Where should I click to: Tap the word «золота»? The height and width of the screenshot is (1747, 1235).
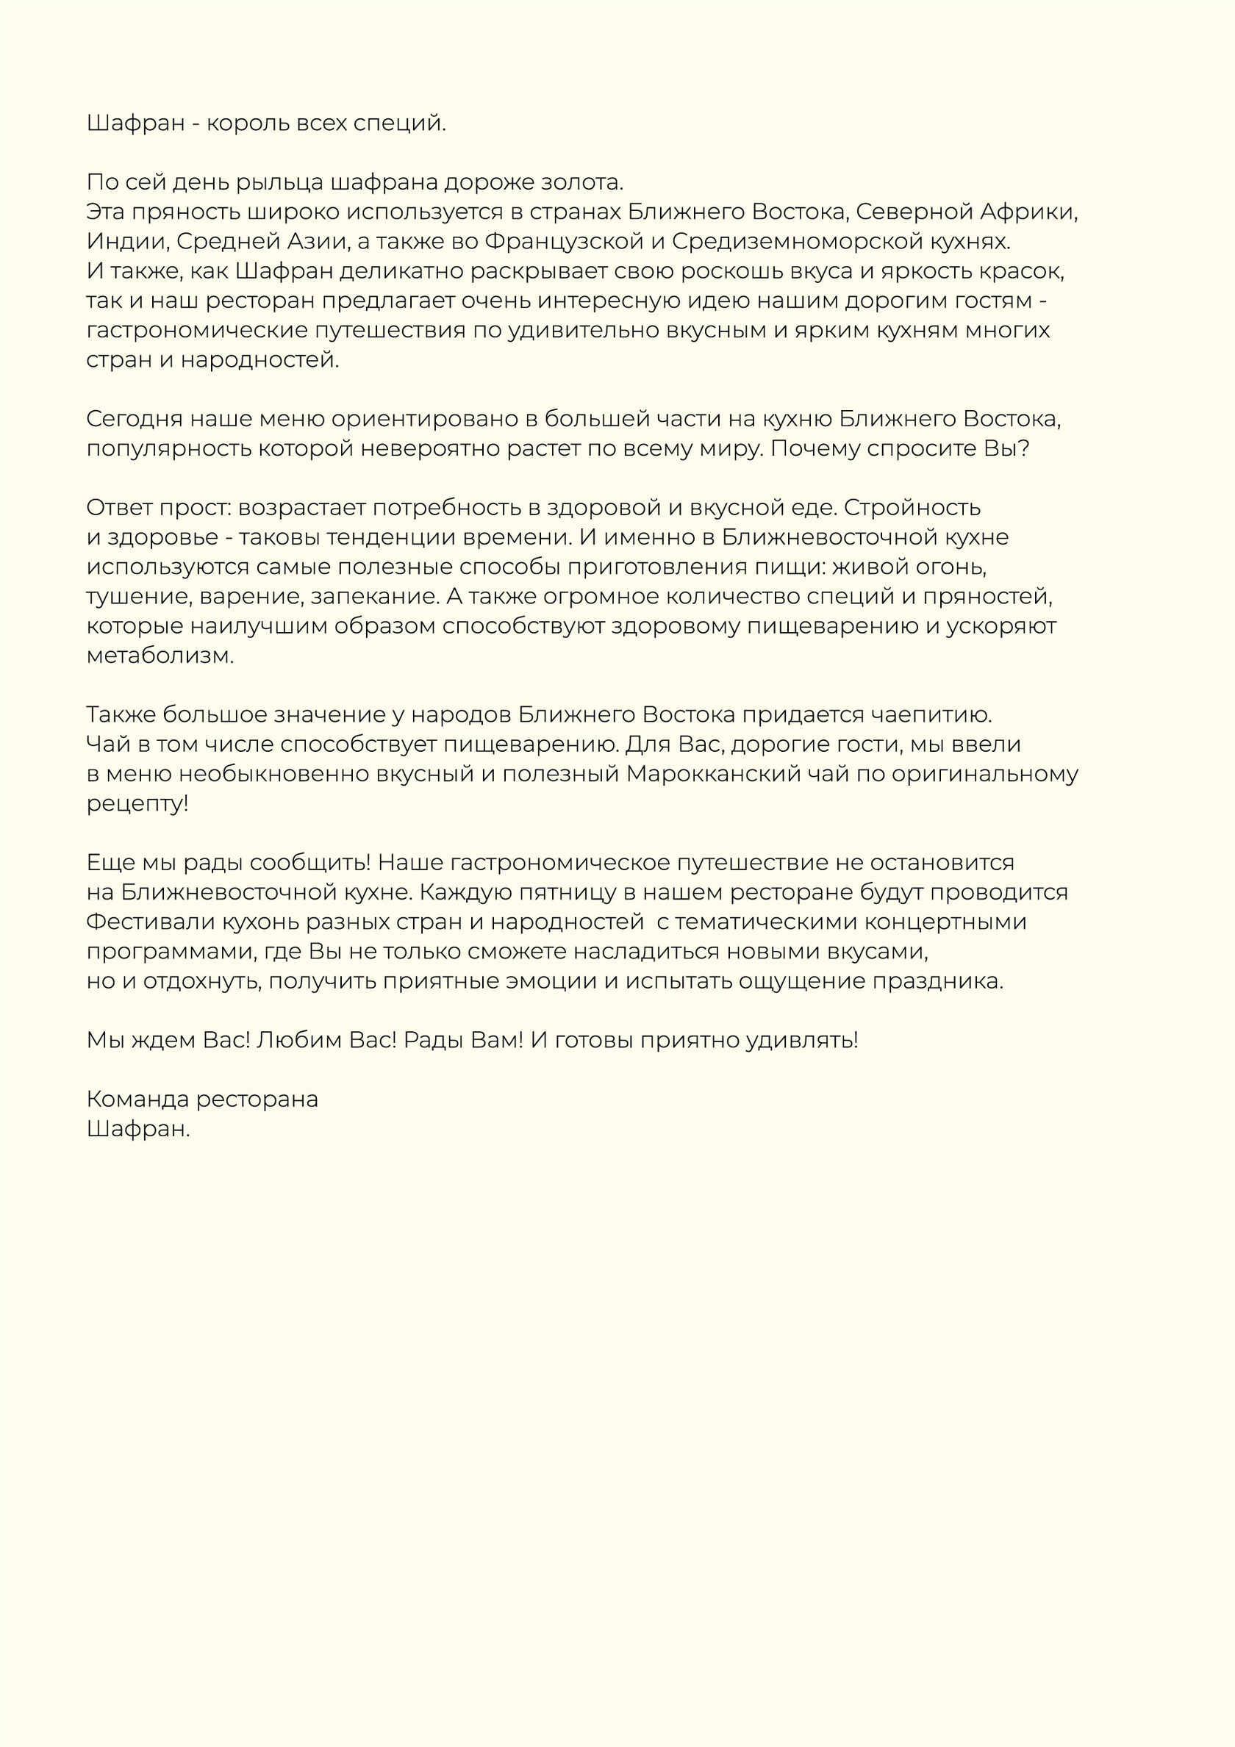tap(582, 182)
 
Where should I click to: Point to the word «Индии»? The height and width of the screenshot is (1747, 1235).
tap(128, 242)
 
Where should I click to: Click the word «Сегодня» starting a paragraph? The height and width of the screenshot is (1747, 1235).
tap(134, 419)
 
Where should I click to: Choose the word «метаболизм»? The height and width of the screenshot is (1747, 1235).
tap(159, 656)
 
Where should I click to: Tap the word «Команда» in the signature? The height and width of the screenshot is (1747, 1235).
tap(137, 1100)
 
